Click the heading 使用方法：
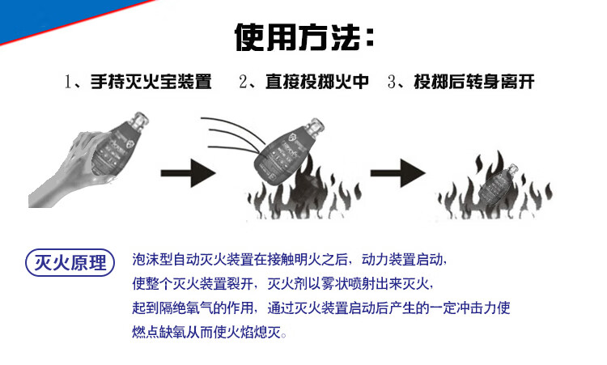tap(304, 36)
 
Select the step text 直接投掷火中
tap(316, 82)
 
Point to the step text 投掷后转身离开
tap(473, 82)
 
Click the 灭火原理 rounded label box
tap(66, 262)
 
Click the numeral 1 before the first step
tap(69, 83)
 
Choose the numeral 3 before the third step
tap(391, 83)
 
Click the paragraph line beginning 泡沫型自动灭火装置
tap(289, 260)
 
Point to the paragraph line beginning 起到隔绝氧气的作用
tap(321, 308)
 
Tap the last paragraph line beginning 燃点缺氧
tap(209, 333)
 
